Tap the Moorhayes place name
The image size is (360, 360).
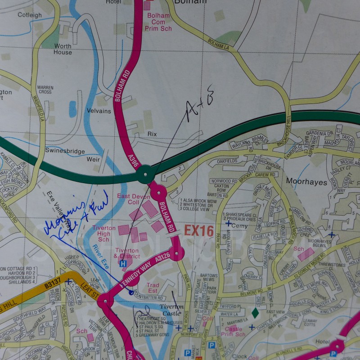click(302, 180)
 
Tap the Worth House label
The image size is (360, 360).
click(63, 49)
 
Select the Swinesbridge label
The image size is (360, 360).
click(64, 151)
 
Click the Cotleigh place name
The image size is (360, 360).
click(30, 15)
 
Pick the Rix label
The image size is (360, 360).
click(152, 134)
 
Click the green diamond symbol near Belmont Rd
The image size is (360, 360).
click(255, 312)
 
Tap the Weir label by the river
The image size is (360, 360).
click(93, 159)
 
